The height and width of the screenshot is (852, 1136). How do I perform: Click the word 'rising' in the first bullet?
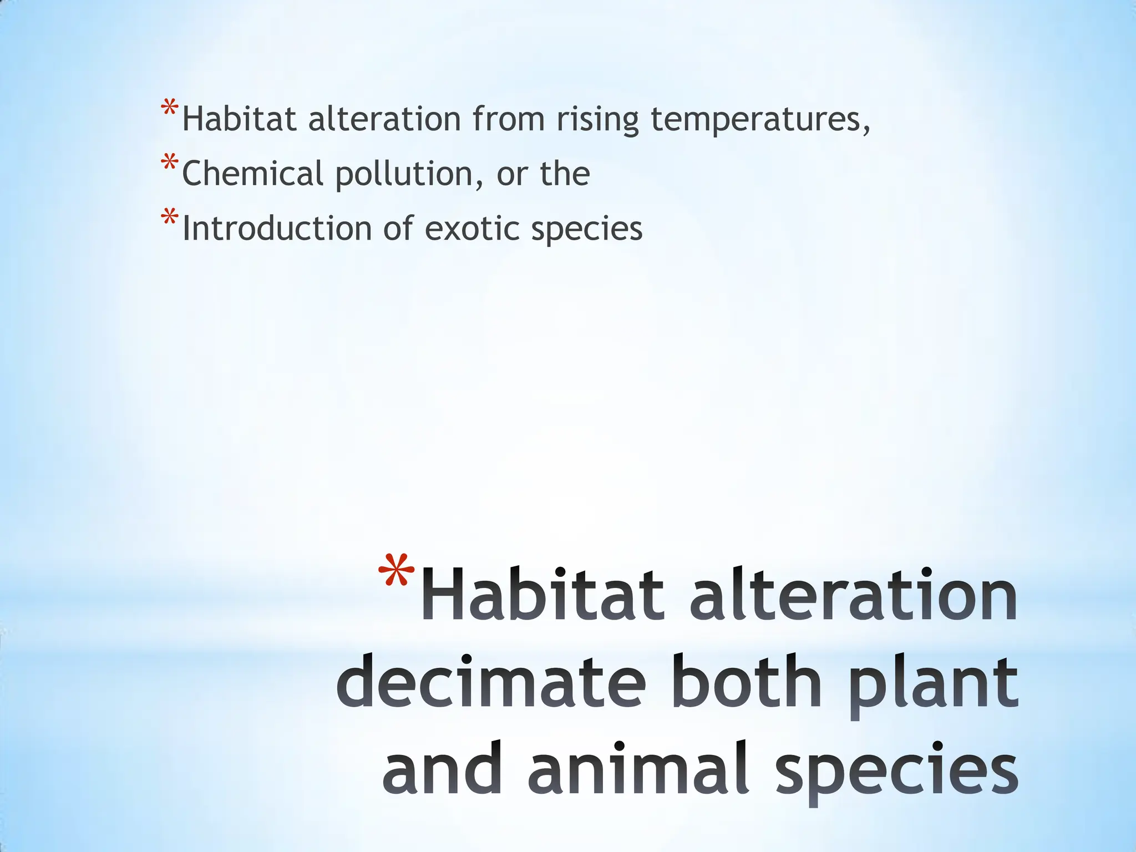(597, 119)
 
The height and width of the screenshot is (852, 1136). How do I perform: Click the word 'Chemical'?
(252, 174)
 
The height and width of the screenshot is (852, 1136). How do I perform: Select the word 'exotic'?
(471, 229)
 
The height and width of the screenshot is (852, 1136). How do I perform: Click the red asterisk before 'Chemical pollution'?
(169, 165)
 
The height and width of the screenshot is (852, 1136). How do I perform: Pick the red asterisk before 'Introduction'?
(169, 219)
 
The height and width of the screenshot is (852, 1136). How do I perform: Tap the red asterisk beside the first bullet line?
(169, 109)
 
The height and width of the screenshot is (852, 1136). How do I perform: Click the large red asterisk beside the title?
(395, 571)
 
